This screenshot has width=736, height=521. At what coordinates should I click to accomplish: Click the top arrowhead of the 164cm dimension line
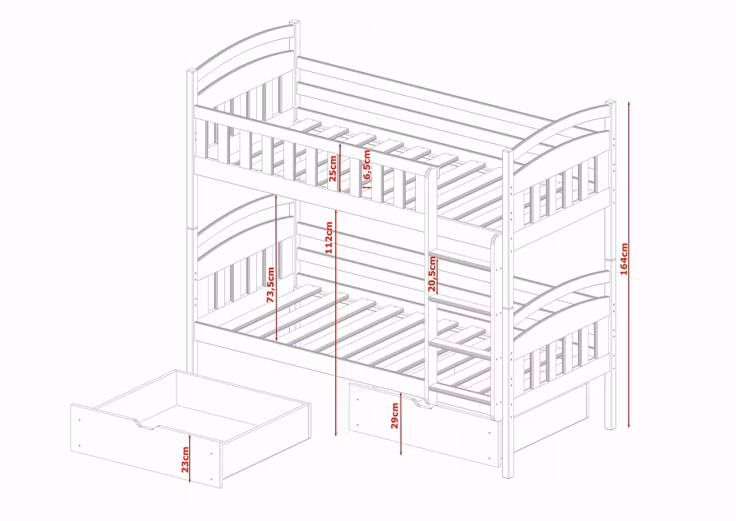pos(629,101)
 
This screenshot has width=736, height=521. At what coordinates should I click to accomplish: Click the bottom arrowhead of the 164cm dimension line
pos(629,428)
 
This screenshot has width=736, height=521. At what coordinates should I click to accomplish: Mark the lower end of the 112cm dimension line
pos(336,436)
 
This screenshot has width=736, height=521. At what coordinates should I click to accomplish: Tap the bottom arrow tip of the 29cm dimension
pos(401,455)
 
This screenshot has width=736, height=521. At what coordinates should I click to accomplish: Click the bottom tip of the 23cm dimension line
pos(189,483)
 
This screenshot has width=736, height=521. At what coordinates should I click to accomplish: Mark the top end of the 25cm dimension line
pos(339,143)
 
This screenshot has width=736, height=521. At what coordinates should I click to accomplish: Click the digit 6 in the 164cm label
pos(623,264)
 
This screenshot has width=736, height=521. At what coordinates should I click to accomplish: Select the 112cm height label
pos(329,237)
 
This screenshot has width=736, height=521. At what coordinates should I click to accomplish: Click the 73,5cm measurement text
pos(271,284)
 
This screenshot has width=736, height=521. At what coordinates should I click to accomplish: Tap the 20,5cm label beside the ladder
pos(433,274)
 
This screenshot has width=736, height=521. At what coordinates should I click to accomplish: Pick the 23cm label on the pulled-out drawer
pos(185,460)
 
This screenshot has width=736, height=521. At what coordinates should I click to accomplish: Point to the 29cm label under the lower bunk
pos(395,416)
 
